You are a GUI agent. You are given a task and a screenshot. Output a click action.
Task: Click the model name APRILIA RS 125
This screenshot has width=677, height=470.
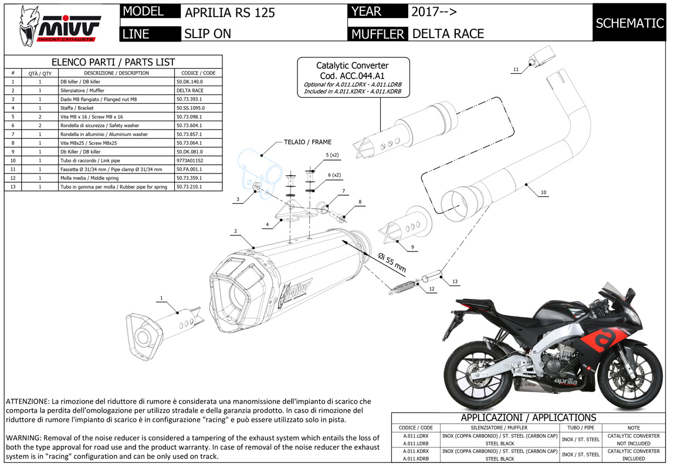229,12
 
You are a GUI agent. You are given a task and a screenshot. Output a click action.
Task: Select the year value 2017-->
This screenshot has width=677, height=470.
434,12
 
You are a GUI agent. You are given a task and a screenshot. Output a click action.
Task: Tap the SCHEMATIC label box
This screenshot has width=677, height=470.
629,23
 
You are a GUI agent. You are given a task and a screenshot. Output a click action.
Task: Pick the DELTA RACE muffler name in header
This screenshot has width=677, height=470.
448,33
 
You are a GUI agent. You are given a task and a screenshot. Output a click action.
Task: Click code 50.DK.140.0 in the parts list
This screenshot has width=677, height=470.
189,82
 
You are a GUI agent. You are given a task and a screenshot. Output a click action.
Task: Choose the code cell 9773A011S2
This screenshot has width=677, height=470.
190,161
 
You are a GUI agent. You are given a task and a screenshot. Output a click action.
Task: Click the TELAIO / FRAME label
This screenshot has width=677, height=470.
307,142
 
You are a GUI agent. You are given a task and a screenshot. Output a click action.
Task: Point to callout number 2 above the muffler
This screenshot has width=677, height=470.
235,231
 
